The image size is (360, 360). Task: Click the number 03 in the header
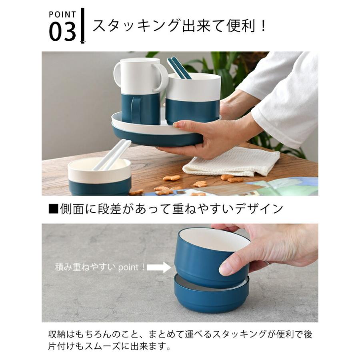62,32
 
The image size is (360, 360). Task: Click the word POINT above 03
62,14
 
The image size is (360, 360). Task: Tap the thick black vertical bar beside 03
83,25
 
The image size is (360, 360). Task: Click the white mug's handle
162,76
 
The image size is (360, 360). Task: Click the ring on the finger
267,263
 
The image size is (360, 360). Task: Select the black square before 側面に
53,209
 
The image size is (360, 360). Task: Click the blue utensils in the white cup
179,68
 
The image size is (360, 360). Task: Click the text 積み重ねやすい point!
100,267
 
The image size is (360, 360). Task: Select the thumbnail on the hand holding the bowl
225,268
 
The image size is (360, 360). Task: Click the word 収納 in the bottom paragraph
56,334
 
